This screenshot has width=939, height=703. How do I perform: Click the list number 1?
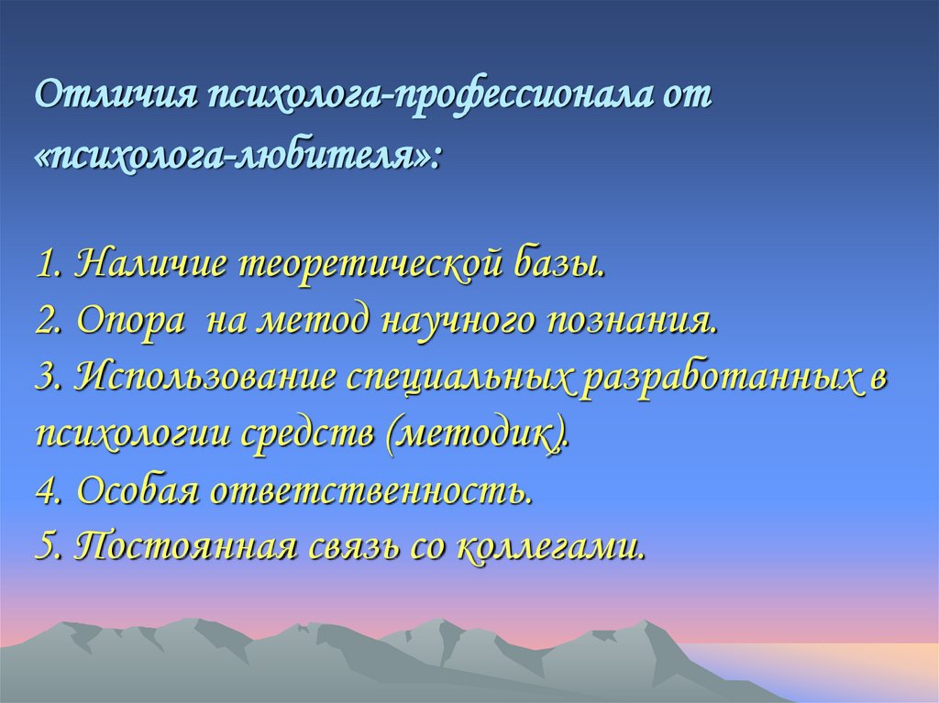(x=46, y=265)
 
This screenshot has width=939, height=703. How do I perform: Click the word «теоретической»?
(x=371, y=265)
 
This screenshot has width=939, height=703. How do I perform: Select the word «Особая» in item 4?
(x=138, y=490)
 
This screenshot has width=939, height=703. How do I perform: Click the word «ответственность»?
(x=370, y=490)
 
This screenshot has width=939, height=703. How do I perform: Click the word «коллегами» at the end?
(x=550, y=546)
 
